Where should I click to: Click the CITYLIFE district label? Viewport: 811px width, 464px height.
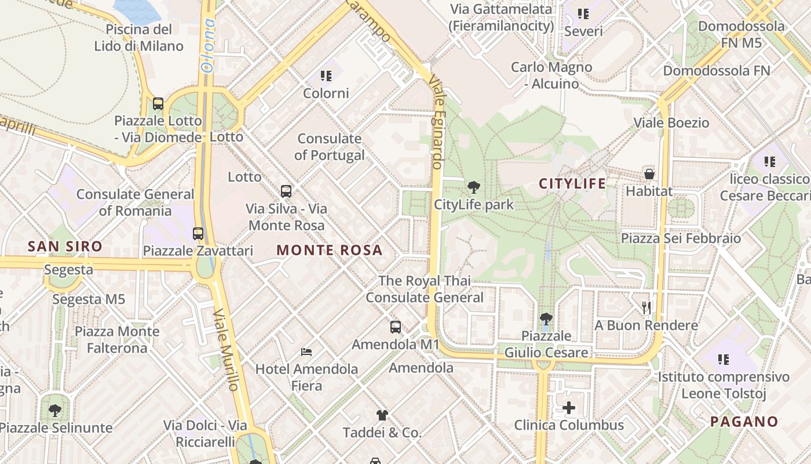(572, 184)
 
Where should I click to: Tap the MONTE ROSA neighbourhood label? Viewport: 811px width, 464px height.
(330, 250)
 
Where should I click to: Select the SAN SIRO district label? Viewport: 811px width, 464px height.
(65, 246)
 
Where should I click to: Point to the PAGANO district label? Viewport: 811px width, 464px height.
(744, 422)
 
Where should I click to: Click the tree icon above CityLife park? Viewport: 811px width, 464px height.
(473, 187)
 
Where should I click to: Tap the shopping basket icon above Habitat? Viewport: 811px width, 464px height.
(649, 173)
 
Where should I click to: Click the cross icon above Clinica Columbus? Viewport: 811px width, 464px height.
(569, 408)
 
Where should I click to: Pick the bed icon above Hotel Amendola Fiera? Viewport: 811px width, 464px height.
(306, 351)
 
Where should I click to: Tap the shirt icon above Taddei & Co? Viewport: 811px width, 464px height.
(382, 415)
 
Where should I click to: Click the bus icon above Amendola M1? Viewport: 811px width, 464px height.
(396, 327)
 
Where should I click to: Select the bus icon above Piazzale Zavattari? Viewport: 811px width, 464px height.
(198, 233)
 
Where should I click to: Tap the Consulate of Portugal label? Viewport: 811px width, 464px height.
(330, 147)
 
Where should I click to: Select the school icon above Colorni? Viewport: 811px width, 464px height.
(326, 75)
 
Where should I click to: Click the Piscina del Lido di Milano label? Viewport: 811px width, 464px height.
(139, 38)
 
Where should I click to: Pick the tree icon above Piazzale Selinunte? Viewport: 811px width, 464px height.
(55, 411)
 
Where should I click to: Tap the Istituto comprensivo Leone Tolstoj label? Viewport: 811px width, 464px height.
(724, 385)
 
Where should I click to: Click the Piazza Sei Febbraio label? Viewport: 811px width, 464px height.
(681, 238)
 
